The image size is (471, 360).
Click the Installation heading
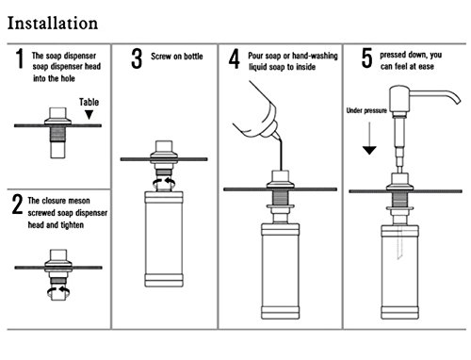point(53,24)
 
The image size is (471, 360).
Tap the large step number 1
point(20,58)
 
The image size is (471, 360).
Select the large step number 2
point(17,205)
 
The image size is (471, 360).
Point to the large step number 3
point(137,58)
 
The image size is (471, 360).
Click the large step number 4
point(235,58)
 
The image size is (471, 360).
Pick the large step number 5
point(366,58)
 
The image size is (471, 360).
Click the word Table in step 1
point(89,102)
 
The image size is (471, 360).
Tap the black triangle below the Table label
point(89,115)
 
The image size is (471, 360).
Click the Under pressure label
point(366,110)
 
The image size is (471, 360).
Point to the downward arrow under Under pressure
point(369,139)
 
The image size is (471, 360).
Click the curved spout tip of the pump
point(456,100)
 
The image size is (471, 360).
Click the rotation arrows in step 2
point(58,292)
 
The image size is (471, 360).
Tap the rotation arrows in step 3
point(164,183)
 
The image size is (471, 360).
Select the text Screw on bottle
point(177,57)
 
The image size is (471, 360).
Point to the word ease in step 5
point(426,67)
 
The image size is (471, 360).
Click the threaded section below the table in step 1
point(58,134)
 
